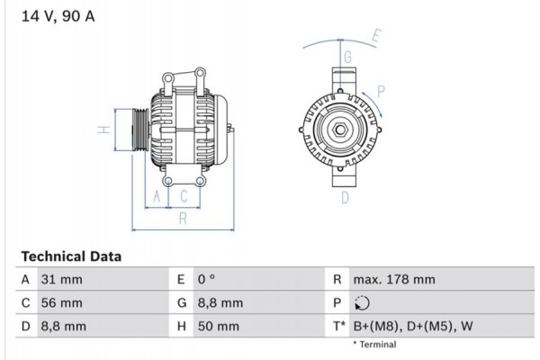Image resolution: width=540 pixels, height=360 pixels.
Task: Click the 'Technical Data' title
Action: coord(70,256)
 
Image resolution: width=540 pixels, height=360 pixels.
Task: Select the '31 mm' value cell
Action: coord(63,280)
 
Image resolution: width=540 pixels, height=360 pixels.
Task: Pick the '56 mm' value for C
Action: coord(64,303)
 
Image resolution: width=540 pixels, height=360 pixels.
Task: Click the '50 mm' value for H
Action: coord(220,327)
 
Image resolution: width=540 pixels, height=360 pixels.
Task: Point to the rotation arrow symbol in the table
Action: coord(363,303)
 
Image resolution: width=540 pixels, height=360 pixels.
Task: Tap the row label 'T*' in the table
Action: coord(338,327)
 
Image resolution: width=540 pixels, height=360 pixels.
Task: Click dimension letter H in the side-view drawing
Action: coord(104,130)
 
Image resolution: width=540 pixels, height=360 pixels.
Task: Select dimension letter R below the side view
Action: coord(182,218)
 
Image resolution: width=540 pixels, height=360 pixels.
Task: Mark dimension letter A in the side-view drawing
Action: coord(157,196)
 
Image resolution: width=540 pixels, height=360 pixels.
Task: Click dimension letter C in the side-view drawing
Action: coord(184,196)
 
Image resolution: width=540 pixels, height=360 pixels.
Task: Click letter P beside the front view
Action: coord(382,90)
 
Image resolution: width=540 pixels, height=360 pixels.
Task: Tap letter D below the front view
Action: coord(345,198)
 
